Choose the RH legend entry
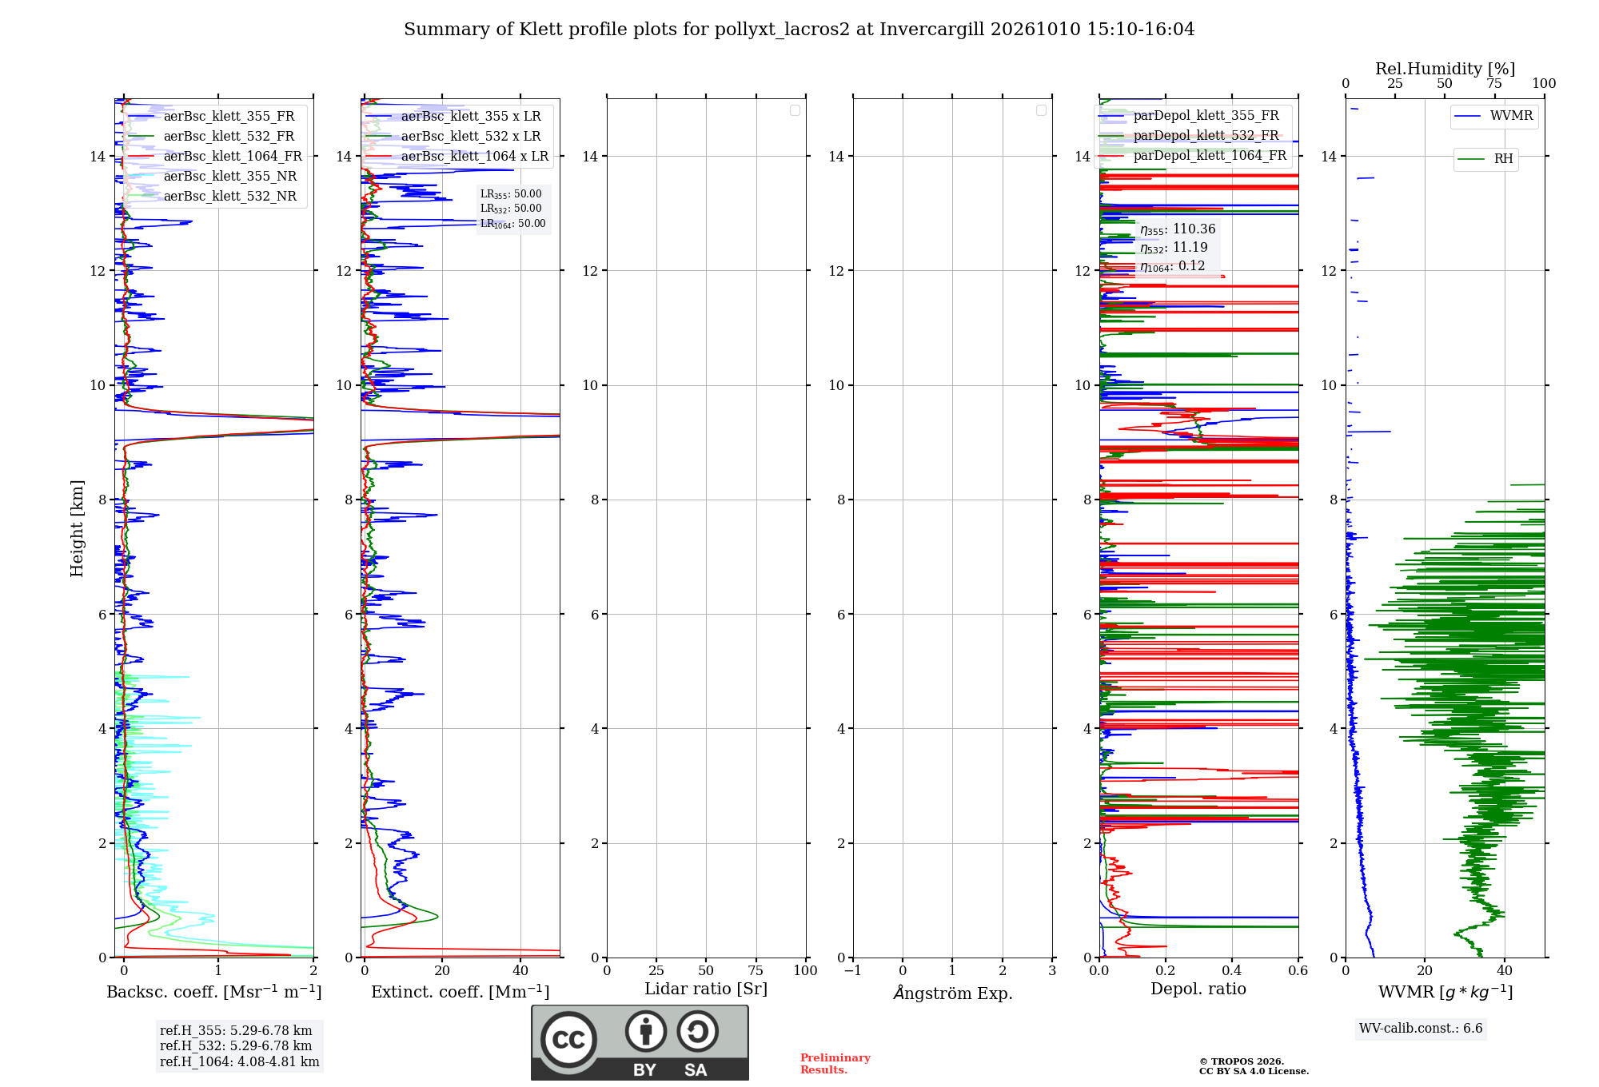[x=1485, y=159]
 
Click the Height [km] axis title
[x=77, y=528]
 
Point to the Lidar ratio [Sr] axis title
[x=706, y=989]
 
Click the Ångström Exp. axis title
[x=953, y=993]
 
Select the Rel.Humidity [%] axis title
[x=1445, y=69]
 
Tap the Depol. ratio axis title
[x=1198, y=989]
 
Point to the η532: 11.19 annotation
[x=1174, y=248]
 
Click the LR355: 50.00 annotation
[x=511, y=194]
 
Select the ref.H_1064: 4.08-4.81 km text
[x=240, y=1062]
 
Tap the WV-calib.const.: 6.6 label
[x=1421, y=1029]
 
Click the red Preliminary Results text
[x=835, y=1064]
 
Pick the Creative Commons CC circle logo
[x=568, y=1040]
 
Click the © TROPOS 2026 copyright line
[x=1242, y=1062]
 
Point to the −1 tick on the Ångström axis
[x=853, y=971]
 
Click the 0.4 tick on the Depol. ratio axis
[x=1232, y=971]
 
